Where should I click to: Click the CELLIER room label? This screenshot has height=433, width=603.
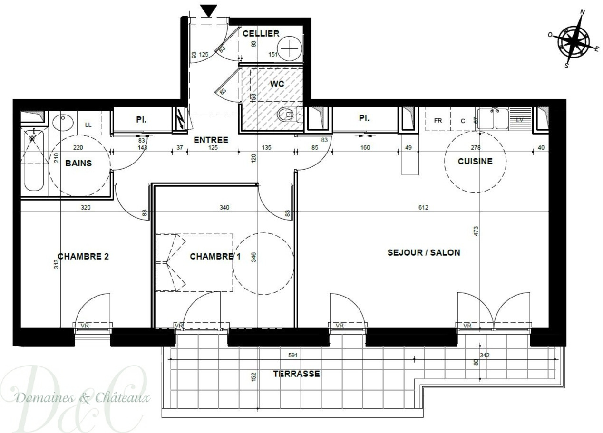coord(261,34)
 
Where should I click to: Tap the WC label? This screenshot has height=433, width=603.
coord(277,84)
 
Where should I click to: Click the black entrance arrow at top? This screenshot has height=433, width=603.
coord(209,11)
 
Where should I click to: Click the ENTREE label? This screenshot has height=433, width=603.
coord(211,140)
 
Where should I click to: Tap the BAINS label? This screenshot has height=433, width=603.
coord(78,163)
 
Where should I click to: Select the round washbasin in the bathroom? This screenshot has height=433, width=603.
coord(63,123)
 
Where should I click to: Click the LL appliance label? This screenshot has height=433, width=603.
coord(88,125)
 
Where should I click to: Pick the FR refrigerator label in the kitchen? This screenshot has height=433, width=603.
coord(438,121)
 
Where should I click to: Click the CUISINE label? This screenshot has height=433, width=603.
coord(475,162)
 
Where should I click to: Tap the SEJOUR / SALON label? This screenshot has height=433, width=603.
coord(424,252)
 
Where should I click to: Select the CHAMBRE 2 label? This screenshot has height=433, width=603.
coord(83,257)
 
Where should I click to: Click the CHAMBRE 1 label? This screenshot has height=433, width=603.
coord(215,257)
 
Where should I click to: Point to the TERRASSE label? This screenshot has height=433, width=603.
coord(297,374)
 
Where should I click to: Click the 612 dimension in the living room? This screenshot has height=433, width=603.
coord(423,208)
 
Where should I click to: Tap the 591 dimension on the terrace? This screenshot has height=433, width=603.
coord(293,355)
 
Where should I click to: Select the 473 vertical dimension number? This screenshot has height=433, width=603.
coord(476,231)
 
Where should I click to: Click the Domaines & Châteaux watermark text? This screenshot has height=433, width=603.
coord(82,397)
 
